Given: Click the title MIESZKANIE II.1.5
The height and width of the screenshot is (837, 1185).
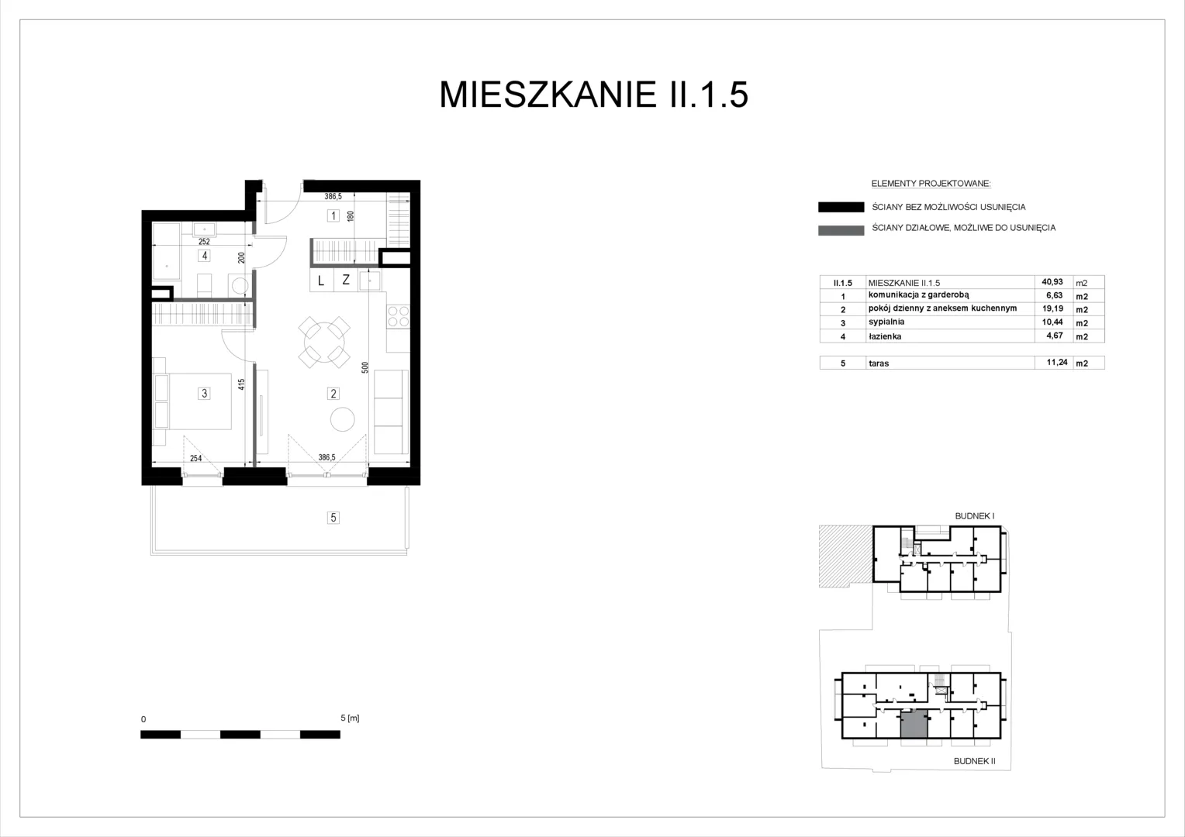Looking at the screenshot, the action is tap(593, 95).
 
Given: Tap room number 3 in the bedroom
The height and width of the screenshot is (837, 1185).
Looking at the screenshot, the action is tap(204, 394).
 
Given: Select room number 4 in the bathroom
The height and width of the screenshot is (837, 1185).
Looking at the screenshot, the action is tap(204, 256).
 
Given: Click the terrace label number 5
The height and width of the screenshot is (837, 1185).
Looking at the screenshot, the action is tap(333, 518).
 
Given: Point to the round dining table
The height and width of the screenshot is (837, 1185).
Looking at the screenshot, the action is tap(324, 343).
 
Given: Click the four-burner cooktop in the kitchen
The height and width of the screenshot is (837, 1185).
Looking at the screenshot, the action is tap(398, 317).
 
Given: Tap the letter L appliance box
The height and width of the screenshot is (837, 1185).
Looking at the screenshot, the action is tap(321, 281).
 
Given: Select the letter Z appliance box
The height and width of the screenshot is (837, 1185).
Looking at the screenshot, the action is tap(345, 281).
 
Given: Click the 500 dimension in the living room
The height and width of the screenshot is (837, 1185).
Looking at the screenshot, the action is tap(365, 367).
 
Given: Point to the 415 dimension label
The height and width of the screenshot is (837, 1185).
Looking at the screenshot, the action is tap(241, 384).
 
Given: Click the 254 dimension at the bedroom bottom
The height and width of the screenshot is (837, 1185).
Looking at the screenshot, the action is tap(195, 459).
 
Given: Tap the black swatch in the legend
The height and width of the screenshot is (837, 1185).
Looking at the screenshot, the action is tap(841, 207).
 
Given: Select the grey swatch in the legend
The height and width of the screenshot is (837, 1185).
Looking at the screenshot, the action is tap(841, 230).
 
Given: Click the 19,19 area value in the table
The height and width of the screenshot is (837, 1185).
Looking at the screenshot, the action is tap(1052, 308).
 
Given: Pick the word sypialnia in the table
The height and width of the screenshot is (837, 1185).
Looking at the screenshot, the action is tap(886, 322).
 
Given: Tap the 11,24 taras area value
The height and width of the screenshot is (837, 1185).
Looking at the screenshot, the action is tap(1057, 362).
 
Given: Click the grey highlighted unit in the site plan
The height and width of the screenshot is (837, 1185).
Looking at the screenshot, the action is tap(914, 724).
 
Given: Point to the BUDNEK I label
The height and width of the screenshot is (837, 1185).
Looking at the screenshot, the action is tap(975, 516).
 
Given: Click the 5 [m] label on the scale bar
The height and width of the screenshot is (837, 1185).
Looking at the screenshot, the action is tap(350, 718).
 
